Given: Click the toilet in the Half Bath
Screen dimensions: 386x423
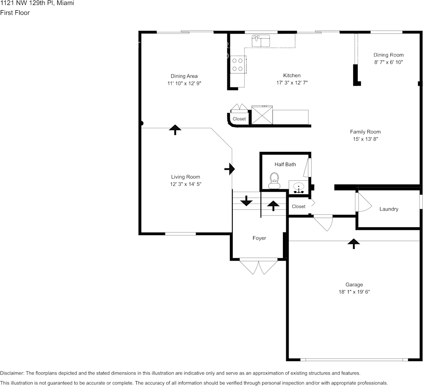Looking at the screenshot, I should point(274,181).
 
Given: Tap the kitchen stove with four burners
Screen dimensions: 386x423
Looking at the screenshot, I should point(238,64).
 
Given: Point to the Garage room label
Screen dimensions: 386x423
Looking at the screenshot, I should point(354,285).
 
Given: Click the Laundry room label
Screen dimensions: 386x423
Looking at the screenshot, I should point(389,209).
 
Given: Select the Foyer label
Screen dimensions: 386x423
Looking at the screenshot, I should point(259,238).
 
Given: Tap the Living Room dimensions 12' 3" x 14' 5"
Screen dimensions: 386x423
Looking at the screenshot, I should point(185,184).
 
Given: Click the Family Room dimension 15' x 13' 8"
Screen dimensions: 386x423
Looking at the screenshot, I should point(365,139).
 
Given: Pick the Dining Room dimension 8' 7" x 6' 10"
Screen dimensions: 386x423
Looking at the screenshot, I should point(388,62).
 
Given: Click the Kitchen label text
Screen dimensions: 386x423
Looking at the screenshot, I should point(292,75).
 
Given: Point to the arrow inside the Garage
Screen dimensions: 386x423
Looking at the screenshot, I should point(354,244).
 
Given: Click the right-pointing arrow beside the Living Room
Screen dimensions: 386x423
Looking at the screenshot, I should point(230,169).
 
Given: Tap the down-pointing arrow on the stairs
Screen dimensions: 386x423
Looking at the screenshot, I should point(246,200).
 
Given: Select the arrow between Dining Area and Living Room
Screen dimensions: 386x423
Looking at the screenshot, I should point(175,130).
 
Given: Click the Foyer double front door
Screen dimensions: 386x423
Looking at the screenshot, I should point(258,266).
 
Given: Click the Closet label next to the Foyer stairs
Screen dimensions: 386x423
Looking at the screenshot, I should point(298,206).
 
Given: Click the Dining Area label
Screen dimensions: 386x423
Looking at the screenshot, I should point(184,76).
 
